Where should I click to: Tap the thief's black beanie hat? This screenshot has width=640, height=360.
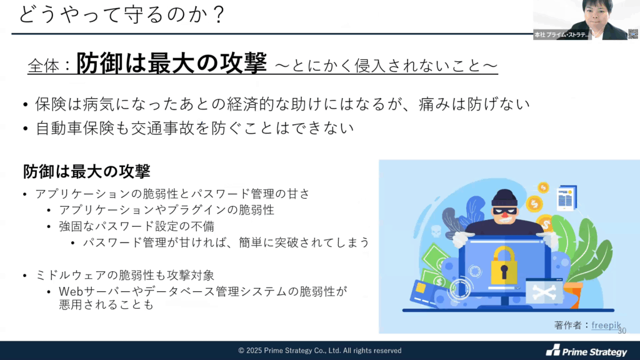pos(504,198)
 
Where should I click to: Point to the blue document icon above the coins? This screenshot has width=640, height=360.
pos(567,198)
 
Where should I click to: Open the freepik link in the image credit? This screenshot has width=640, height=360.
pos(606,325)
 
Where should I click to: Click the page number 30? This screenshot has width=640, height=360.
pos(622,331)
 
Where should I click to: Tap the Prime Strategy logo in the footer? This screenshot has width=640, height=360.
pos(586,351)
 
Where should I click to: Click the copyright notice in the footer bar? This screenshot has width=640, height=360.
pos(320,351)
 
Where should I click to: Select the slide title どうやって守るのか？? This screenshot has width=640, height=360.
pos(122,15)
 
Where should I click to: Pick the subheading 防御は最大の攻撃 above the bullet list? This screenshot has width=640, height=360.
pos(86,171)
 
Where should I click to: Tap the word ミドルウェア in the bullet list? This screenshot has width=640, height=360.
pos(71,275)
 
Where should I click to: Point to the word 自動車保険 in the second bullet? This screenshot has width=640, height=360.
pos(75,128)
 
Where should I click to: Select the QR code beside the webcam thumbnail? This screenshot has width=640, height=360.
pos(633,34)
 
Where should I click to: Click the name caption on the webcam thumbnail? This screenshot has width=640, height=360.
pos(562,35)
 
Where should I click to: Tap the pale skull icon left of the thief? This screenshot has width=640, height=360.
pos(436,231)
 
